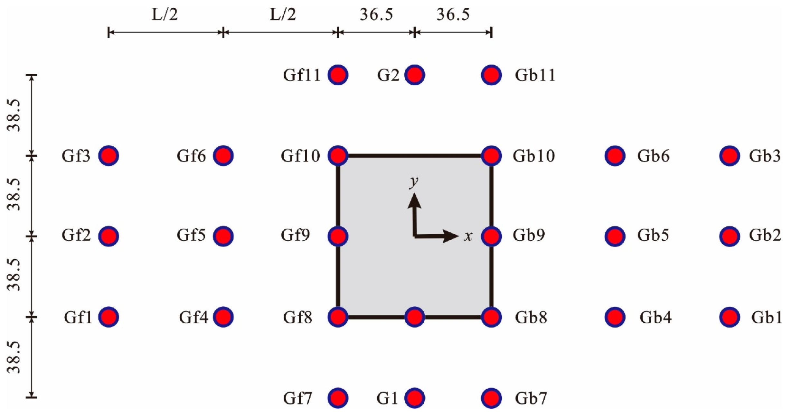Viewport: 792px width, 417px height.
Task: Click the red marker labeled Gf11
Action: [x=338, y=75]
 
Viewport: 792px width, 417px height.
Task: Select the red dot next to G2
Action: [x=414, y=75]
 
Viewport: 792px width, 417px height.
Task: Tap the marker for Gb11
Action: [x=491, y=75]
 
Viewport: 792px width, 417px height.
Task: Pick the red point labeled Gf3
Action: [x=108, y=156]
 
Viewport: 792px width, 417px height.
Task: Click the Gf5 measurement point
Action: [x=223, y=236]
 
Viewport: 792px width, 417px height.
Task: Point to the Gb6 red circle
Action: [x=615, y=156]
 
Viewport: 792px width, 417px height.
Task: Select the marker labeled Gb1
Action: [x=730, y=317]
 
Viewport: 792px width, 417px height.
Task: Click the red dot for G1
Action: [x=414, y=398]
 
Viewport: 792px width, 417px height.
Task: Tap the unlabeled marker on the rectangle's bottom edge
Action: [x=414, y=317]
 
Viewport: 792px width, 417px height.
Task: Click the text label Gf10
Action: [x=300, y=156]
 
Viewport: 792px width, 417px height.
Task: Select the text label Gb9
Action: [x=529, y=235]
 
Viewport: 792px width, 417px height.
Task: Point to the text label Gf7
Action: [x=297, y=398]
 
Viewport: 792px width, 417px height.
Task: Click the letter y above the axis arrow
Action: [x=414, y=182]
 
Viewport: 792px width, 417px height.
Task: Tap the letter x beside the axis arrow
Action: [x=468, y=236]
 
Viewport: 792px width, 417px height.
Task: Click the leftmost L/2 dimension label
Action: [x=165, y=14]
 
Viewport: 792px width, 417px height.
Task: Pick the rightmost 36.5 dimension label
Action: [x=453, y=14]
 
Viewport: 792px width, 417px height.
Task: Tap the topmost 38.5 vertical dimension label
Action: [x=14, y=115]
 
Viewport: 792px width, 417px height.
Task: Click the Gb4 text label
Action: [x=655, y=318]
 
